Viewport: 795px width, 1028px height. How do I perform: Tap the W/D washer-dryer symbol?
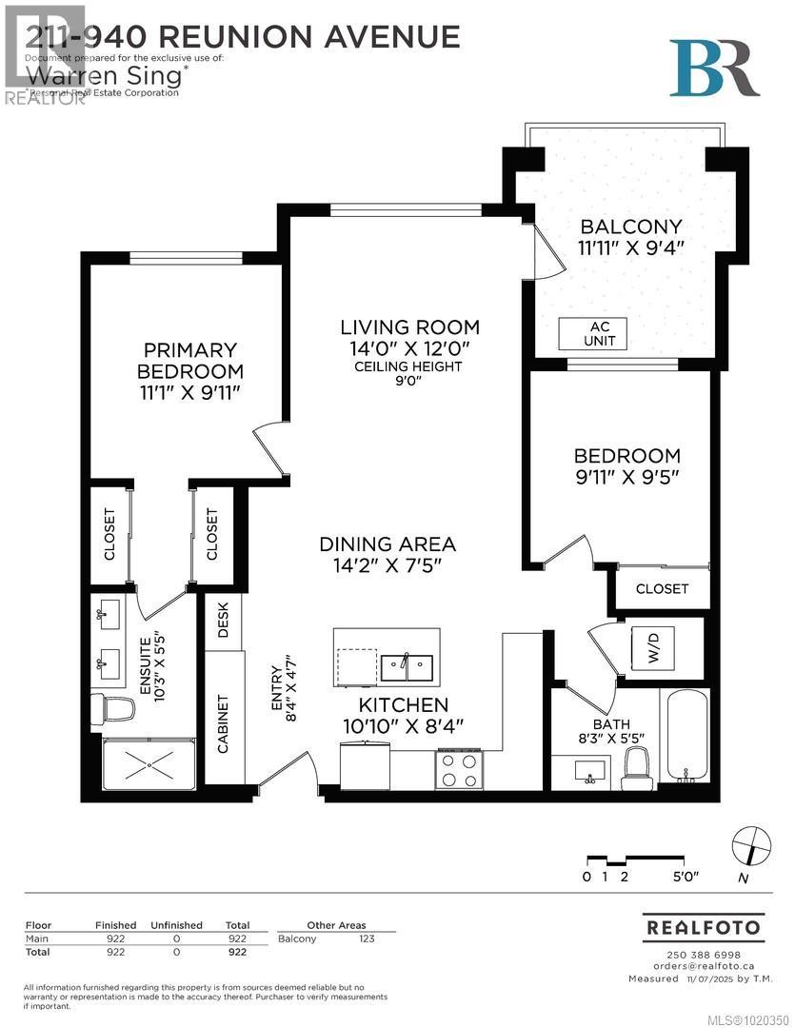point(652,646)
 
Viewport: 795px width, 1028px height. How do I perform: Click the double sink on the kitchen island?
point(407,666)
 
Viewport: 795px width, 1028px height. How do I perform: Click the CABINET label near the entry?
point(224,723)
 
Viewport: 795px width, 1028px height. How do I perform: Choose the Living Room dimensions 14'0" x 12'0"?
point(409,348)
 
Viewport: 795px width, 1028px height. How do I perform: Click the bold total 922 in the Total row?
point(237,952)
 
